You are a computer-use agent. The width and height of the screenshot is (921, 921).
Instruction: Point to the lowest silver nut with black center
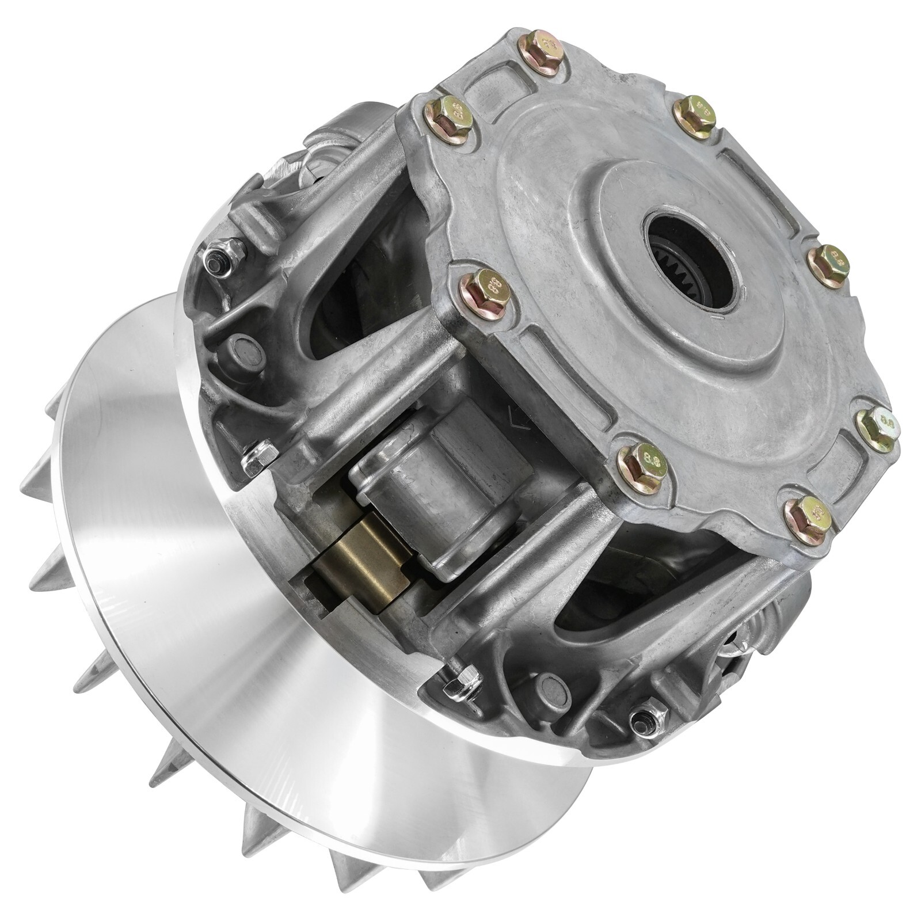pyautogui.click(x=648, y=720)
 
